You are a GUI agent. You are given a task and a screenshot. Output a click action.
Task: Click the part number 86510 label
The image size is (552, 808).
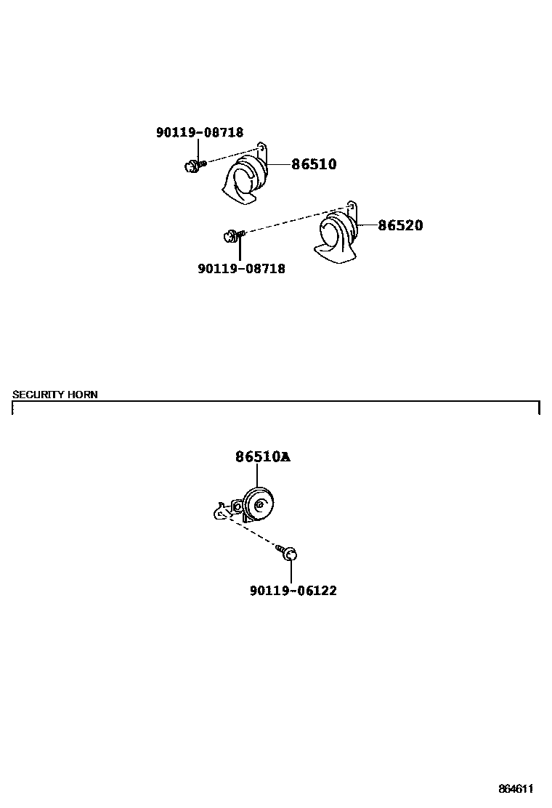click(314, 164)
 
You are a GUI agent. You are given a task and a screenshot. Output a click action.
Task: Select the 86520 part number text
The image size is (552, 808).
click(399, 225)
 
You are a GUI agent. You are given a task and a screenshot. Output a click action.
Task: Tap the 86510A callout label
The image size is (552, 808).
click(262, 457)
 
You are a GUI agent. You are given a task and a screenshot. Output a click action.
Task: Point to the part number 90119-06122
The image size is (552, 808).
click(293, 591)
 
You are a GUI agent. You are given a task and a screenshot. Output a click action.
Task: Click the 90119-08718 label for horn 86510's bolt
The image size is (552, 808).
click(200, 132)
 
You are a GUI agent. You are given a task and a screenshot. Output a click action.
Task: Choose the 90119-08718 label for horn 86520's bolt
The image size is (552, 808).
click(241, 269)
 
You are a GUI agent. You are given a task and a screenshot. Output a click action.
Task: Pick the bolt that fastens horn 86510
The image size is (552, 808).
click(192, 166)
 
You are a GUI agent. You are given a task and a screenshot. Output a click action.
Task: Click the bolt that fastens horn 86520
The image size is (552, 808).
click(232, 235)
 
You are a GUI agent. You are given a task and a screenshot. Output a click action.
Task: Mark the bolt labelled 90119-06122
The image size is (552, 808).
click(290, 554)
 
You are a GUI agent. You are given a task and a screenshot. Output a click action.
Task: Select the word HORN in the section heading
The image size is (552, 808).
click(82, 395)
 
